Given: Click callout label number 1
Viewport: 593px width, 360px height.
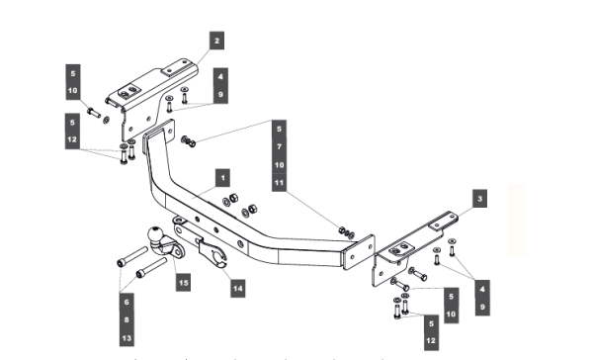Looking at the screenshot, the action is click(x=222, y=178).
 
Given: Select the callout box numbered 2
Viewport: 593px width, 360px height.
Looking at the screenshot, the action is click(x=216, y=41).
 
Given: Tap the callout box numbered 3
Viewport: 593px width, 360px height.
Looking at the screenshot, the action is click(x=479, y=199).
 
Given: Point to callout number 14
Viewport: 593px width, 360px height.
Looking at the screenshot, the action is click(x=237, y=289).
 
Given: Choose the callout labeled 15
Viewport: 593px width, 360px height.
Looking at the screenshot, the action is click(x=183, y=283).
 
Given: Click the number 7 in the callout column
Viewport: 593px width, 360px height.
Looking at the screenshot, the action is click(x=279, y=146).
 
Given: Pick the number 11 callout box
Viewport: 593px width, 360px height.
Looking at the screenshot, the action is click(x=279, y=183).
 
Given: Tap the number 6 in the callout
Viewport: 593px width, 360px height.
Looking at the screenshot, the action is click(x=127, y=302).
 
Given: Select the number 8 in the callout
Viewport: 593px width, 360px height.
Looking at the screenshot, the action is click(x=127, y=319).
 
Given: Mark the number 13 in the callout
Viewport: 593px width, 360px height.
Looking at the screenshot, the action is click(x=127, y=337).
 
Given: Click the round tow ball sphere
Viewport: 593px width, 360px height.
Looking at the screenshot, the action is click(x=156, y=234).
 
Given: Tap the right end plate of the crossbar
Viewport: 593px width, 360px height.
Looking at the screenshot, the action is click(x=359, y=252).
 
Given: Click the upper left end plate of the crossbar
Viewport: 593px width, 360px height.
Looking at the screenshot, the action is click(x=158, y=135).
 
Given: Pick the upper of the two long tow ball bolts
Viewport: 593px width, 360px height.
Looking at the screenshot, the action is click(x=132, y=257).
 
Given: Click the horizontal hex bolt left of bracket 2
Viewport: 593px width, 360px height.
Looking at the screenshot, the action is click(x=94, y=113).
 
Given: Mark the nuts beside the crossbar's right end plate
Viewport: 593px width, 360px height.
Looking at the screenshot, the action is click(x=346, y=232).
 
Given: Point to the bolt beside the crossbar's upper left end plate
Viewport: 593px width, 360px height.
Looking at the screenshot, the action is click(x=188, y=141).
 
